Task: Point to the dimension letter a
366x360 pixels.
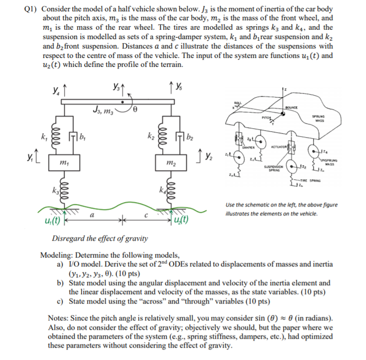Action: pos(92,214)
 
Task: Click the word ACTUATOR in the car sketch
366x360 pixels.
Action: pos(280,147)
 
